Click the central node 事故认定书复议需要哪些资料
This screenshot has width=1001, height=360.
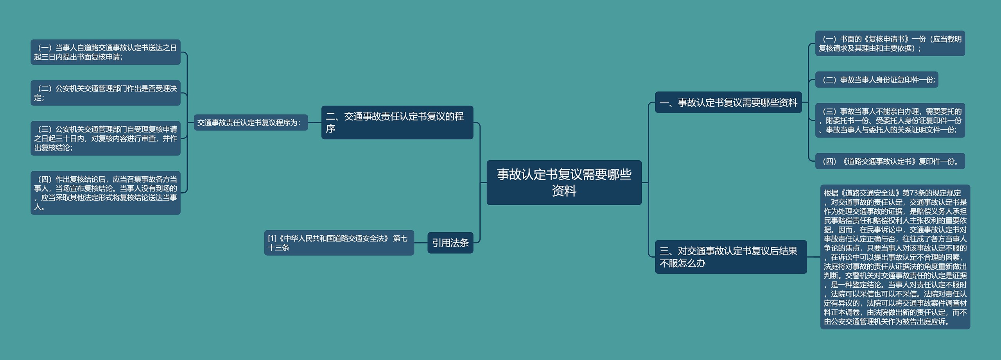coord(564,183)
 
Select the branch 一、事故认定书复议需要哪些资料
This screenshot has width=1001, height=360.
coord(728,102)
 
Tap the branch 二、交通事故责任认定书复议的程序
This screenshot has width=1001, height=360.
coord(397,122)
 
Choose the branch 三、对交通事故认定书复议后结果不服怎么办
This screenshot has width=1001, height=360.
coord(730,257)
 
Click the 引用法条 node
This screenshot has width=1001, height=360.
coord(450,243)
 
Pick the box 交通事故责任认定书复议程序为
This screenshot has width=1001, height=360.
coord(251,122)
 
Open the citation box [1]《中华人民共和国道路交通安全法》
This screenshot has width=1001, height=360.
coord(339,243)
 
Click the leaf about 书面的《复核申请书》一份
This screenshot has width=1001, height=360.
coord(890,43)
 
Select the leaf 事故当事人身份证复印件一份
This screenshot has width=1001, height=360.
coord(876,80)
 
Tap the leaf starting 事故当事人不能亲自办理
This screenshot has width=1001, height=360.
coord(890,120)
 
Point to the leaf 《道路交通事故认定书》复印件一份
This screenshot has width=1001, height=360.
coord(890,161)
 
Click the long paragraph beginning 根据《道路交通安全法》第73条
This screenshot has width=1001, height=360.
coord(895,257)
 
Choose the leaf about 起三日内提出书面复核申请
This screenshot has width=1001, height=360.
coord(105,52)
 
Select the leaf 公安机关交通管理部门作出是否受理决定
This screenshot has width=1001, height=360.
coord(105,93)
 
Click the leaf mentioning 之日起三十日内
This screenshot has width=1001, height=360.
coord(105,138)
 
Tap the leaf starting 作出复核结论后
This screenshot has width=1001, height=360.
coord(105,193)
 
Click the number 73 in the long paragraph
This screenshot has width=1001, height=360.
coord(914,193)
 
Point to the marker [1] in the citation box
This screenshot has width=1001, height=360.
coord(272,238)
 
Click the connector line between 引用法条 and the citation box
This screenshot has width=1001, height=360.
coord(421,243)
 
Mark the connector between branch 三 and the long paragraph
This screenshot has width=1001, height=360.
coord(813,257)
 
